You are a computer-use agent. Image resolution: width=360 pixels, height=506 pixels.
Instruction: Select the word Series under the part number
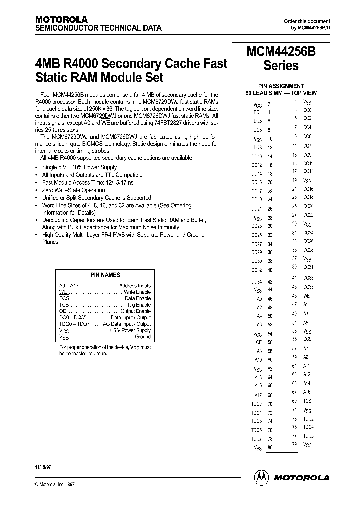(280, 65)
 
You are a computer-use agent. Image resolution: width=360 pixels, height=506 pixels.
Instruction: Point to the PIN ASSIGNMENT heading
(281, 86)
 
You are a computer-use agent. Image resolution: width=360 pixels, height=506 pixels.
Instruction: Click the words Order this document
(307, 21)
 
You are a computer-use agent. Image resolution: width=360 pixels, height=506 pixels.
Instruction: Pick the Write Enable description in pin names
(137, 292)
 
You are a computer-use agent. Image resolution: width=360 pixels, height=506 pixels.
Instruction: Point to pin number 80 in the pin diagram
(270, 447)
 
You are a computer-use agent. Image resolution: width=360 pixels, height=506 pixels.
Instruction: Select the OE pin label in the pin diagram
(259, 342)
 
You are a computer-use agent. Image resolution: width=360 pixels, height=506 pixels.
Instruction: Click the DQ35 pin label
(308, 287)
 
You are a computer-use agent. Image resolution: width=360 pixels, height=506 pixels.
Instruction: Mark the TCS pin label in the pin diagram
(307, 401)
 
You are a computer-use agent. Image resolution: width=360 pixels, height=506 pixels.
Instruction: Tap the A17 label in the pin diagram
(258, 395)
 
